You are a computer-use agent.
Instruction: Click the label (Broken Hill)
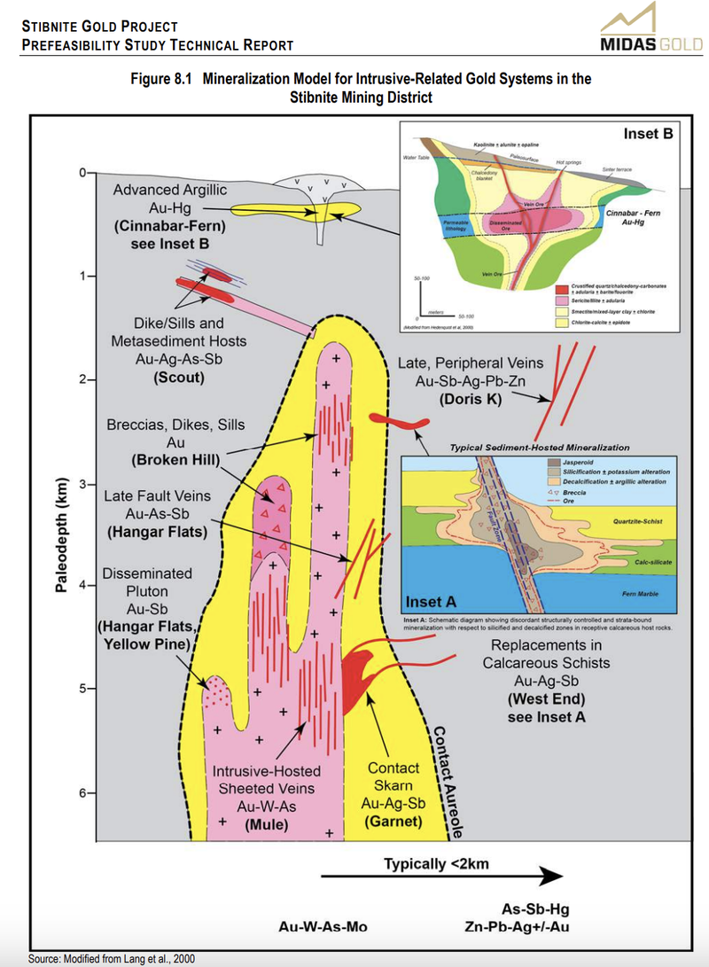click(x=175, y=460)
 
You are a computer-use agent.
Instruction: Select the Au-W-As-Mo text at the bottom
click(x=323, y=927)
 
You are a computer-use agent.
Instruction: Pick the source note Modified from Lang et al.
click(x=111, y=959)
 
